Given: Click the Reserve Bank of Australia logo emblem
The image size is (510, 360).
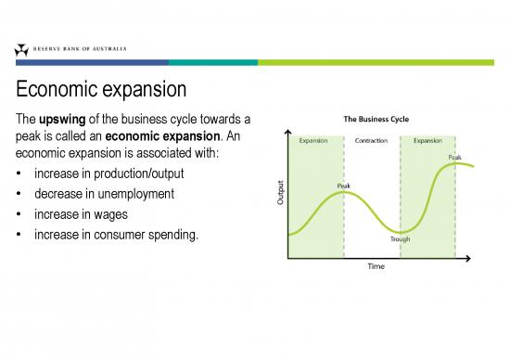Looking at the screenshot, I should [21, 50].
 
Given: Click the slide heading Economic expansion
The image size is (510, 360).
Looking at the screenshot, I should [101, 91].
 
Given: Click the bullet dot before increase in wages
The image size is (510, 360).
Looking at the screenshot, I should [20, 215].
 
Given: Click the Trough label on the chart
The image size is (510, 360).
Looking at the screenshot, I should [401, 238].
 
